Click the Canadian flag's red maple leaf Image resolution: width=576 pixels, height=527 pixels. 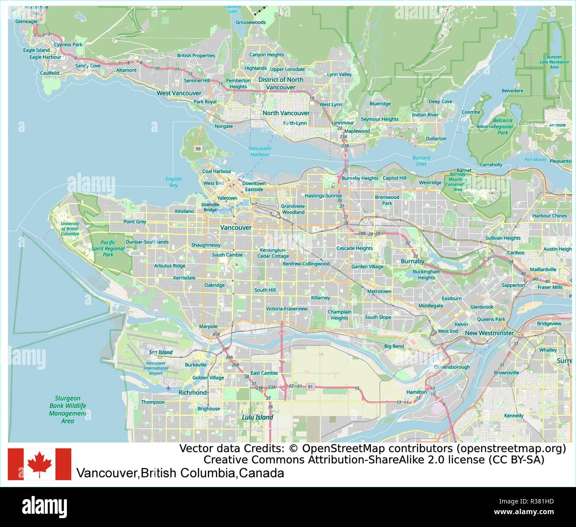click(39, 464)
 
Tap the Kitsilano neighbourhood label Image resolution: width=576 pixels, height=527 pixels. click(184, 211)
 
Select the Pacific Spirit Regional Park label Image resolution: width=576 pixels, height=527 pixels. click(108, 249)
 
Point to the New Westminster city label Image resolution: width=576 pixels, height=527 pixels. click(489, 333)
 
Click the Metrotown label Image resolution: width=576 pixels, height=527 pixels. click(379, 291)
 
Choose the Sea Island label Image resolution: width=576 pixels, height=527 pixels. click(161, 352)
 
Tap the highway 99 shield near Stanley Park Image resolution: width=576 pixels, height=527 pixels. click(198, 149)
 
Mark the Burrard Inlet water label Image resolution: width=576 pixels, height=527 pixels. click(421, 160)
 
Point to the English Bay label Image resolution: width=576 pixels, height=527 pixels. click(174, 182)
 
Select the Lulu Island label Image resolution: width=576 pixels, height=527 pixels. click(257, 417)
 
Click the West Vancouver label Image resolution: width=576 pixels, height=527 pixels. click(179, 93)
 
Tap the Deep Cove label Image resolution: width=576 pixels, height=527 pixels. click(440, 101)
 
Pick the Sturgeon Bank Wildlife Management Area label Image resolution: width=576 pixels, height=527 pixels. click(68, 410)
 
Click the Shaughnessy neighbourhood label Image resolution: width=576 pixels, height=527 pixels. click(206, 245)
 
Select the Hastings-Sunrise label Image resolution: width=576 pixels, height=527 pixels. click(323, 195)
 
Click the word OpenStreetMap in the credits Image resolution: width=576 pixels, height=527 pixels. click(340, 449)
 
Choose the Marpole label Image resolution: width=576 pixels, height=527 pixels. click(208, 327)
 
